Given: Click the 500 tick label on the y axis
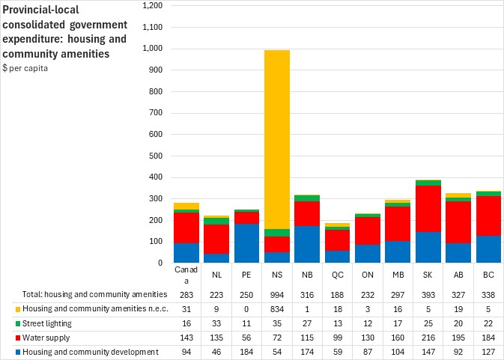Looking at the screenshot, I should tap(154, 156).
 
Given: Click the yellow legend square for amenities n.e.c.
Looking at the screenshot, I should tap(6, 310).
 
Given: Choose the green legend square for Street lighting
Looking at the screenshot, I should tap(6, 324).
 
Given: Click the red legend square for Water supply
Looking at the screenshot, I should tap(6, 338).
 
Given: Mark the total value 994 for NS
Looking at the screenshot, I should tap(277, 296).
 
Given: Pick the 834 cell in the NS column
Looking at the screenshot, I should tap(277, 310).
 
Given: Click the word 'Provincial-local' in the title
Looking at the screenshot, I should tap(36, 10).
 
